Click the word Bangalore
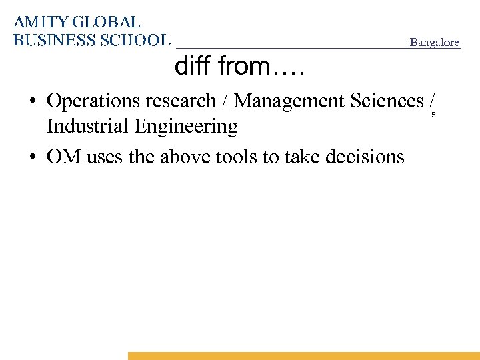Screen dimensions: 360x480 [435, 43]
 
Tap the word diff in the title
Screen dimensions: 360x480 [193, 67]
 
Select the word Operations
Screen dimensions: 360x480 [89, 101]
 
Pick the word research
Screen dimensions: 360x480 [176, 101]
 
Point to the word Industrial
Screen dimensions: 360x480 [85, 126]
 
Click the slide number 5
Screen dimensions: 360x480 [433, 116]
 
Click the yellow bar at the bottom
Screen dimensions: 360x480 [303, 356]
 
